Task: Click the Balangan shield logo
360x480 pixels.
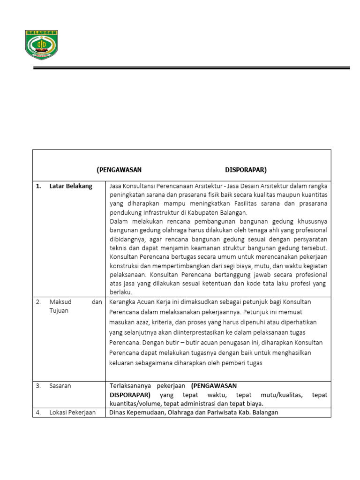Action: pos(41,45)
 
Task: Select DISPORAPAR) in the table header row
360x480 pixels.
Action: pos(246,169)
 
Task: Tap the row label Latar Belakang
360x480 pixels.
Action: pos(71,186)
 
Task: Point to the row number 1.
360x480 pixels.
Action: pos(38,186)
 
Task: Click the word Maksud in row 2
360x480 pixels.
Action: pos(60,302)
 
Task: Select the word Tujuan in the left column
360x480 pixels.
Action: pos(59,311)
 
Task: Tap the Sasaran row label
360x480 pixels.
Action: pos(62,386)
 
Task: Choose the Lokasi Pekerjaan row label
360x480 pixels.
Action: pos(72,412)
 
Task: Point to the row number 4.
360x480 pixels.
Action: pos(38,412)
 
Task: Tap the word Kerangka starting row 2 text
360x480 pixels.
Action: pos(123,301)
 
